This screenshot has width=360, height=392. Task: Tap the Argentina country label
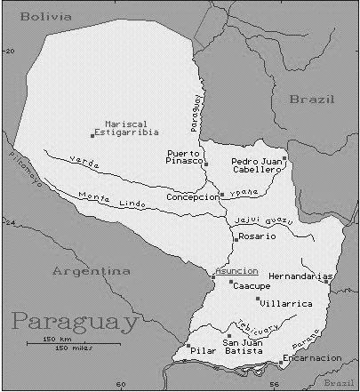91,270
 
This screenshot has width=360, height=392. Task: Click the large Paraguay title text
75,321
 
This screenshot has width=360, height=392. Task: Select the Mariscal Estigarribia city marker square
92,135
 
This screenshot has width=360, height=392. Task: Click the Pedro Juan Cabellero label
257,164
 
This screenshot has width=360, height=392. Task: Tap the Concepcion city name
192,196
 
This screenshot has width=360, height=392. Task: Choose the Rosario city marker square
235,239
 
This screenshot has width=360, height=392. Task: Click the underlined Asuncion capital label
236,270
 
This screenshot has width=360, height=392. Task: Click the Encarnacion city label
312,357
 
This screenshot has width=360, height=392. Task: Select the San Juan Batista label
244,348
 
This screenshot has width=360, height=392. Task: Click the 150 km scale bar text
58,340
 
